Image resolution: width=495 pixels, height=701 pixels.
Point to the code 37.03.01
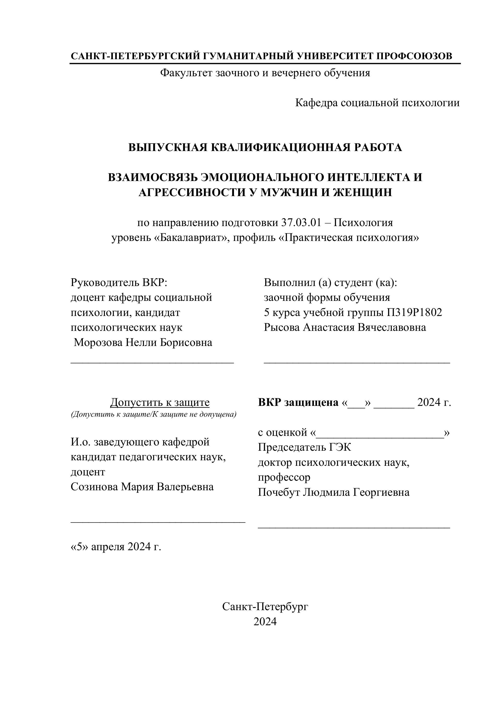coord(301,222)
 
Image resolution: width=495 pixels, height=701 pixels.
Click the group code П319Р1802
coord(414,312)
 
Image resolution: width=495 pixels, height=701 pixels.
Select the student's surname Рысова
coord(282,327)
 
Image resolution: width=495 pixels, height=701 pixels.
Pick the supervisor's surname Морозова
coord(98,343)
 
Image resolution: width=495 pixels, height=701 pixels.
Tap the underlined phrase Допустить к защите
coord(160,402)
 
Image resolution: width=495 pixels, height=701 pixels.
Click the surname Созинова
coord(94,487)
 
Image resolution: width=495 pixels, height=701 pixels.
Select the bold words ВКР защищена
coord(298,402)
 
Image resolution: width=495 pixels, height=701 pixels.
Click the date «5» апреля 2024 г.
coord(116,547)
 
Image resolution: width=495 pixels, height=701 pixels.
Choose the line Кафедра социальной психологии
coord(377,103)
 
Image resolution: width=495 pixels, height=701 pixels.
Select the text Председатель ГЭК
coord(304,447)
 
